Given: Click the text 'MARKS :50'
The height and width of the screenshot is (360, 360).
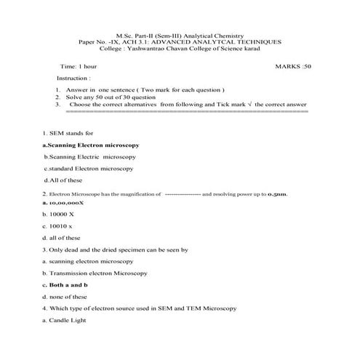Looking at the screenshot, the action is (x=293, y=65).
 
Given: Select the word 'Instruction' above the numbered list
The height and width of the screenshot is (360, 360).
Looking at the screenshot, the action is (x=73, y=77).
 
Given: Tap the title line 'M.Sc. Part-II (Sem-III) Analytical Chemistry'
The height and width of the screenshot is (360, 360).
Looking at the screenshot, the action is (x=180, y=36).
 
